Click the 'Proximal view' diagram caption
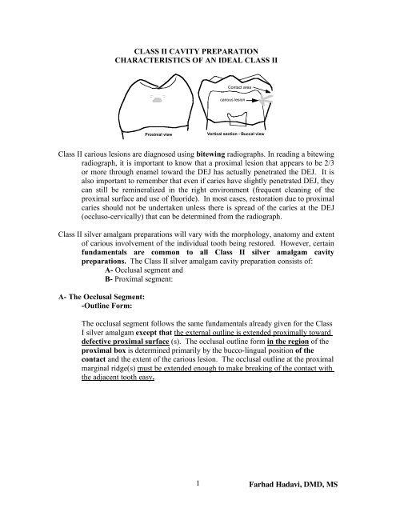[x=158, y=135]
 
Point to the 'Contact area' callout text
[x=241, y=86]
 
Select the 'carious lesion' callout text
[x=237, y=101]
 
